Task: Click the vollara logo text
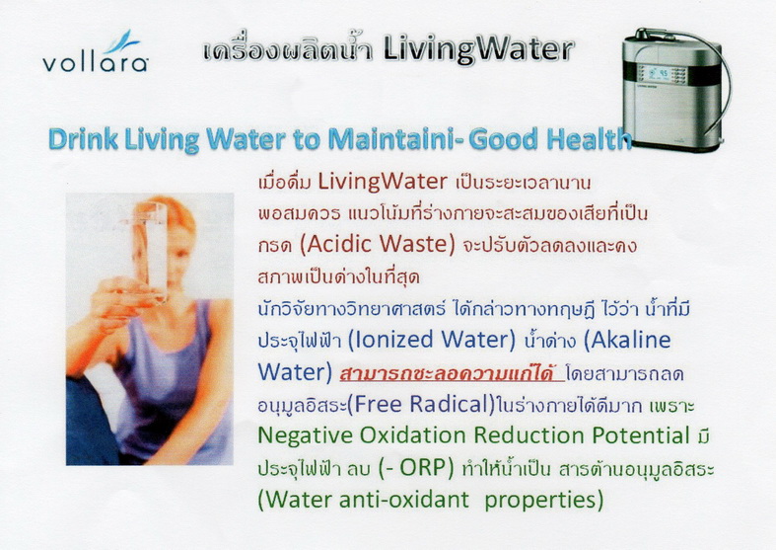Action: (95, 63)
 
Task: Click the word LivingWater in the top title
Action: (478, 50)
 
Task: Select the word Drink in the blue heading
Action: (83, 139)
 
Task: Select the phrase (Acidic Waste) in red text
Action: (378, 244)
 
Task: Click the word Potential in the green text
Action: (641, 435)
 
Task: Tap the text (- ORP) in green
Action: (416, 468)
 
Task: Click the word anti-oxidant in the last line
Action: (403, 500)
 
